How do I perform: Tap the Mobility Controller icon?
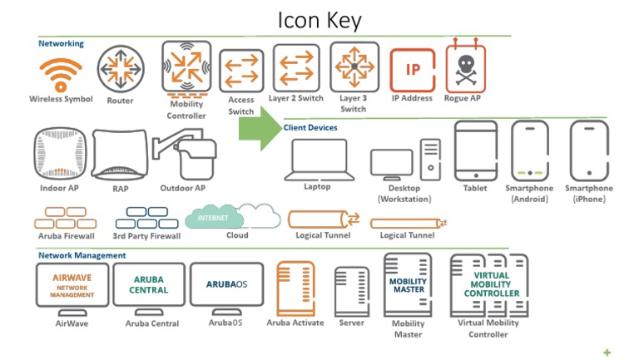click(186, 69)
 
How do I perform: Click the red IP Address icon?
click(412, 70)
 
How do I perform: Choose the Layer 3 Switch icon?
click(353, 68)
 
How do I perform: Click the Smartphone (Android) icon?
click(530, 150)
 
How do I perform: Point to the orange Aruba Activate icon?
click(295, 285)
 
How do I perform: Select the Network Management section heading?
click(82, 255)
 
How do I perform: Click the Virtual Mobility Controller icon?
click(490, 285)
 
